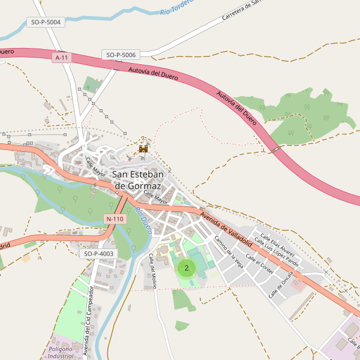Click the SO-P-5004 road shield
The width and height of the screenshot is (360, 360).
[46, 22]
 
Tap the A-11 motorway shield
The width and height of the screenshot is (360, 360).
[61, 58]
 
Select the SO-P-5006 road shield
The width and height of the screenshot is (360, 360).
[121, 55]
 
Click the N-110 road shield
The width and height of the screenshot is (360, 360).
[114, 219]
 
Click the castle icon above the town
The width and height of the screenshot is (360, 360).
[143, 148]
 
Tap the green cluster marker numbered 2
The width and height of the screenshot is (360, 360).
[187, 268]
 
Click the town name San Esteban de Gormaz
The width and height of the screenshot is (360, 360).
[145, 180]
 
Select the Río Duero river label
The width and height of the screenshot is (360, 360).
[143, 220]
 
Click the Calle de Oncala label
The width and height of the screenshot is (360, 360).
[281, 284]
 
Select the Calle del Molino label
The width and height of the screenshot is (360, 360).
[152, 270]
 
